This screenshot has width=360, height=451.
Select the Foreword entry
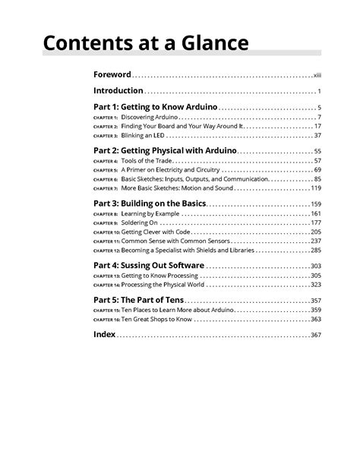(x=112, y=75)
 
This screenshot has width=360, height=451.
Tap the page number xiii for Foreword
(x=317, y=76)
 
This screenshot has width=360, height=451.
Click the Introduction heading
(x=118, y=91)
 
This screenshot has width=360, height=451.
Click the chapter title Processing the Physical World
(x=163, y=284)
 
